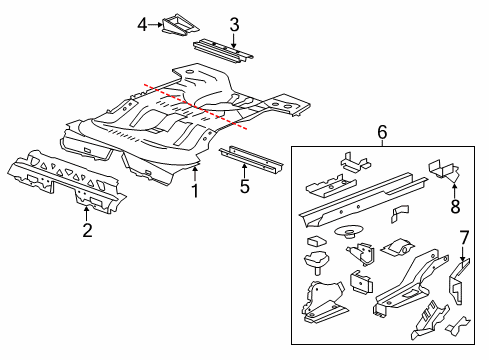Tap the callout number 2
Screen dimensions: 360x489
tap(88, 231)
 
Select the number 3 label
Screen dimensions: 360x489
tap(233, 24)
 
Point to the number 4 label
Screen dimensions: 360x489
tap(142, 24)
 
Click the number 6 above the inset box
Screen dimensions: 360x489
tap(380, 131)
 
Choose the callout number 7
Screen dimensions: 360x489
tap(463, 236)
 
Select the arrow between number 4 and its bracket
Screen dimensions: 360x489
tap(155, 24)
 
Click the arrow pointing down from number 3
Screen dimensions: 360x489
tap(233, 39)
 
